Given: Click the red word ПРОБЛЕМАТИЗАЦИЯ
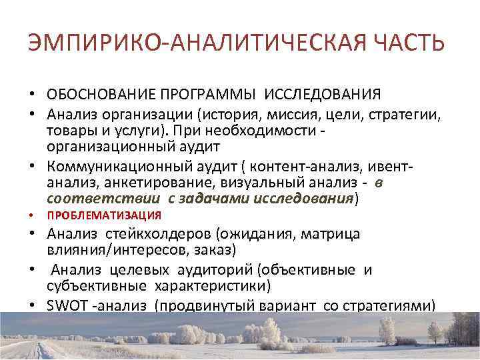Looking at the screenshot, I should tap(104, 215).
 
